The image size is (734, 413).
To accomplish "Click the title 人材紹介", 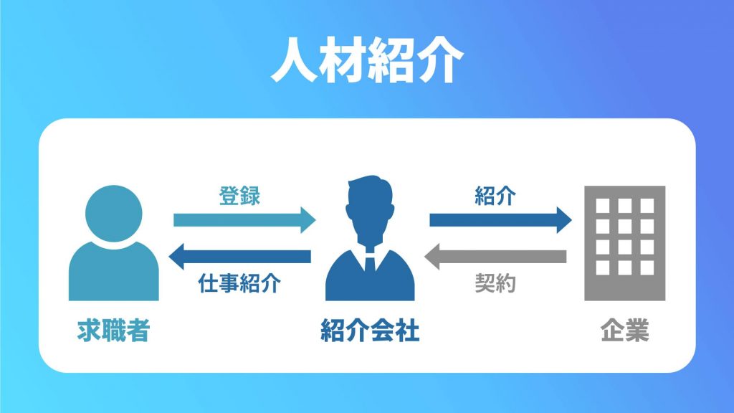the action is (367, 60).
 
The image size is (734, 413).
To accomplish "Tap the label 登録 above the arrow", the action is (239, 196).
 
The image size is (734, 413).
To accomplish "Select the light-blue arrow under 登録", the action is (244, 220).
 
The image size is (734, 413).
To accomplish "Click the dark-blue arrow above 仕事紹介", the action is (239, 257).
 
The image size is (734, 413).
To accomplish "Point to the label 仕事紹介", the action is (239, 283).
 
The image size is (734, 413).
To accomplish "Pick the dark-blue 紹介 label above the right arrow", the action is (495, 196).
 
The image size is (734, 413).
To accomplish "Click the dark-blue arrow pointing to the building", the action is (500, 220).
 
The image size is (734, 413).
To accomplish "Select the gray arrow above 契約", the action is (495, 257).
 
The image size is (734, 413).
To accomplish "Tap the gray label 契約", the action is (495, 283).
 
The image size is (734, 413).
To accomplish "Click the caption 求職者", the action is (113, 330).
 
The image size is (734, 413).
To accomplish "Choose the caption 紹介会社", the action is (370, 330).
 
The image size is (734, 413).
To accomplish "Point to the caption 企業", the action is (624, 330).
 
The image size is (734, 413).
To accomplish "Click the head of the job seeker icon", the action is (114, 214).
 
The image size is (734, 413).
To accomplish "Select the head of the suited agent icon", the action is (370, 209).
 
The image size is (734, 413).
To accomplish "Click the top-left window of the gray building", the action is (602, 206).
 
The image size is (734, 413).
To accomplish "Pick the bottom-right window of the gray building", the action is (647, 268).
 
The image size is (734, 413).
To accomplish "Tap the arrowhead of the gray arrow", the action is (432, 257).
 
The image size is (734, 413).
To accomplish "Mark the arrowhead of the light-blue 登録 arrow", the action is (308, 220).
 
